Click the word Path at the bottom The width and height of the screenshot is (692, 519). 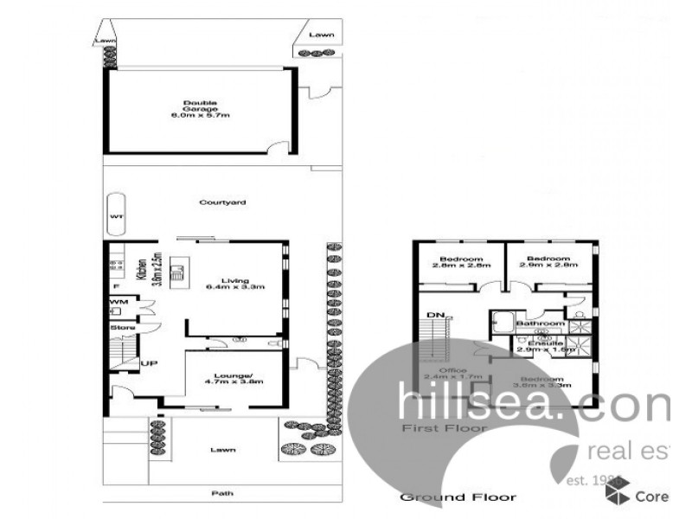click(222, 494)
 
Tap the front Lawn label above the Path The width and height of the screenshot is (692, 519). click(223, 450)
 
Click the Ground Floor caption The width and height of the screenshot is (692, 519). click(458, 497)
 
